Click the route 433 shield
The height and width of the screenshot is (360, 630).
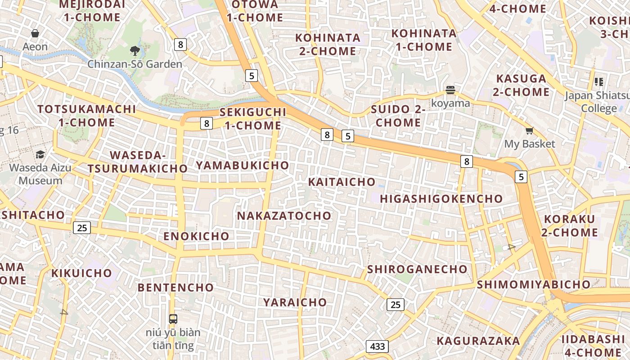(377, 346)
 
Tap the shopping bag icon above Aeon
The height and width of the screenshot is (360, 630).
(35, 33)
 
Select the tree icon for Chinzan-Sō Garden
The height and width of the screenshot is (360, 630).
(135, 50)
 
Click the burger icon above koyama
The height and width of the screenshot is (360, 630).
(450, 90)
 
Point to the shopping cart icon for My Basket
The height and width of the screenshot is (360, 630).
(529, 131)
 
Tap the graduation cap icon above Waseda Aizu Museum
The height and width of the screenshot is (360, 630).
(40, 155)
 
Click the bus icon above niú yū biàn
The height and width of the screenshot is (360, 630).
(173, 319)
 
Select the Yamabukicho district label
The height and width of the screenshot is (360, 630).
(242, 165)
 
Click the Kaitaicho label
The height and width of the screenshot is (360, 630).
(342, 182)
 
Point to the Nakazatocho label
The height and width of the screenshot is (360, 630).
(284, 216)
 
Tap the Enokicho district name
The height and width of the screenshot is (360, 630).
(196, 236)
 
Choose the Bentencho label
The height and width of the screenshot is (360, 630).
(175, 287)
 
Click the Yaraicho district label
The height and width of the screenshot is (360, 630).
(295, 302)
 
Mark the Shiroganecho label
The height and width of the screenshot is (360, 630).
(417, 269)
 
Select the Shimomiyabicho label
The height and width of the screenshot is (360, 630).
(533, 284)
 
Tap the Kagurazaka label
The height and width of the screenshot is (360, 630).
(478, 341)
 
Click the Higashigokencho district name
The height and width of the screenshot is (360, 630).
(441, 198)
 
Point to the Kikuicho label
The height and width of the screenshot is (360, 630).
(81, 273)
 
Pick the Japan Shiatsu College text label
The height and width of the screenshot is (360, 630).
(597, 102)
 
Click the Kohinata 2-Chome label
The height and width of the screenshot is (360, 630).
(328, 45)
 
